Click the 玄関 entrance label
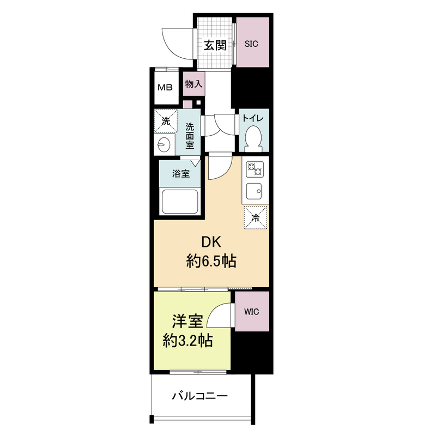215,45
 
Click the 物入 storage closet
193,84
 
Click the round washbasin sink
163,144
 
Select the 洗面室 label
190,136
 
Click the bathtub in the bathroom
179,203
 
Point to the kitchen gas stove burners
254,170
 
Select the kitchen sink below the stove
254,192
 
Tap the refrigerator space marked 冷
255,218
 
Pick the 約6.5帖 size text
211,262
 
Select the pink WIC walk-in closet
252,312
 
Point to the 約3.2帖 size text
188,341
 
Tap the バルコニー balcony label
199,396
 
